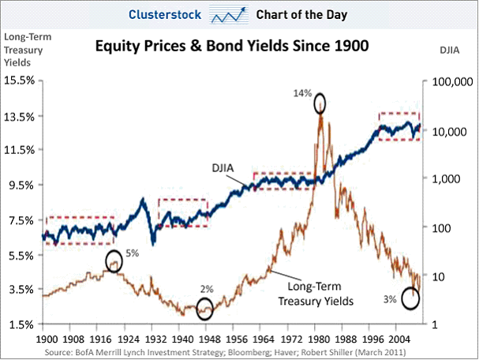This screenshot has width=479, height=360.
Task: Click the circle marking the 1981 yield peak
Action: [x=320, y=103]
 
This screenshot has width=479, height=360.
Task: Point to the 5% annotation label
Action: [x=132, y=253]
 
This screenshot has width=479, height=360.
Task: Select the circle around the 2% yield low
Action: [x=204, y=309]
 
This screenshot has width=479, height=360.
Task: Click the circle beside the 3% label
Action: [x=410, y=298]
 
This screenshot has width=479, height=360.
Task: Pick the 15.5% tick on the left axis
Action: [x=19, y=81]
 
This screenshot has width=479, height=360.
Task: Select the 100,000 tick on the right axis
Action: [x=451, y=81]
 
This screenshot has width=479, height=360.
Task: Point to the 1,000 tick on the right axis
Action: [x=447, y=178]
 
